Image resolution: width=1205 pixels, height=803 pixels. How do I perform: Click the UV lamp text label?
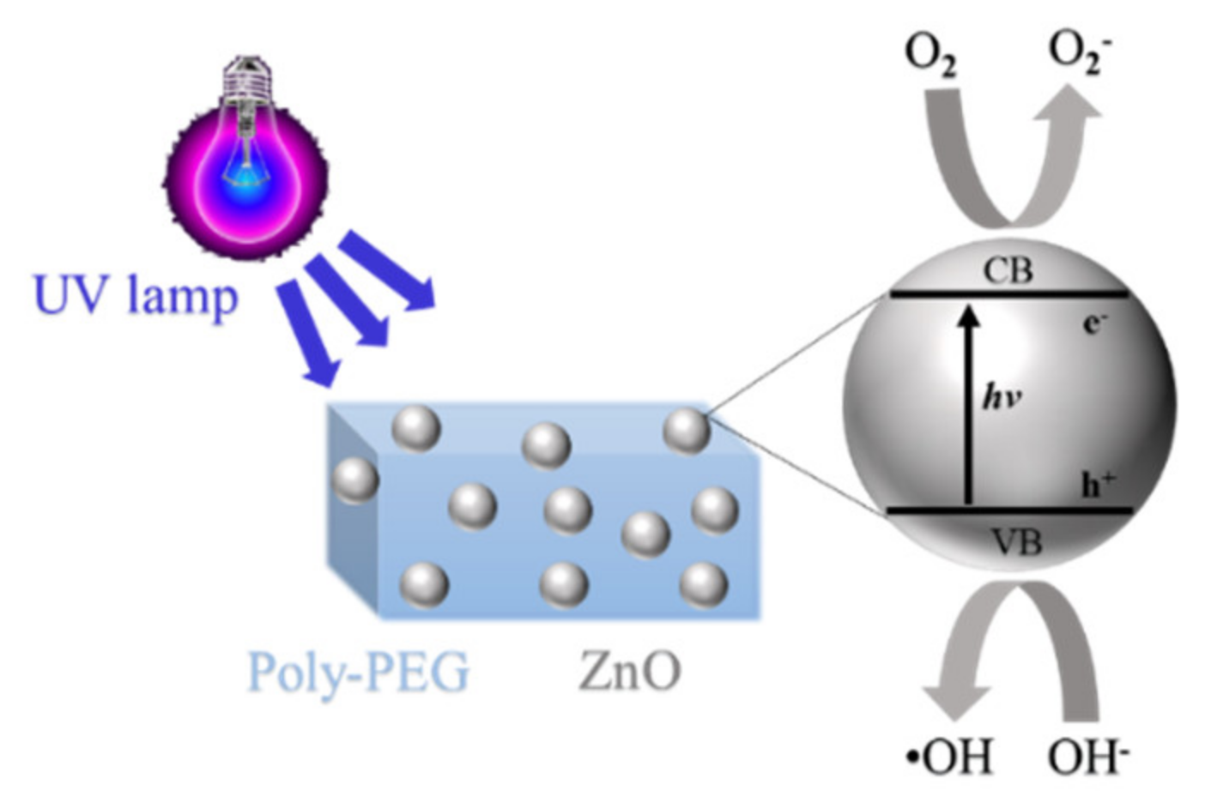[136, 296]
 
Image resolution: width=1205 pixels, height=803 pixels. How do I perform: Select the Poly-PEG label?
[359, 672]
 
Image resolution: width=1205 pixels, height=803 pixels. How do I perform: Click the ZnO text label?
[630, 670]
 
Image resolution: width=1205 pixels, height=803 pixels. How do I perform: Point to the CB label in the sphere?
[1008, 271]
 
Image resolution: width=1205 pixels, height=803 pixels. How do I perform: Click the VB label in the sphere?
[1016, 542]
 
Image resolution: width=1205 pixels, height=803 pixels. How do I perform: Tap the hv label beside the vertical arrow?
[1001, 397]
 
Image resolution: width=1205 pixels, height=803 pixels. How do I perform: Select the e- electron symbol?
[1095, 323]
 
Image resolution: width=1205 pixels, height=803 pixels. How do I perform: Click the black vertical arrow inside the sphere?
[969, 403]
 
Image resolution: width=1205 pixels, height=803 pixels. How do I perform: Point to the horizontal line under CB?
[1009, 294]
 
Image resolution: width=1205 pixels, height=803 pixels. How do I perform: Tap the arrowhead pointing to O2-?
[1072, 107]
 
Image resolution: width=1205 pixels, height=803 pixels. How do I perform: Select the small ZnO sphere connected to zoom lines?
[687, 431]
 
